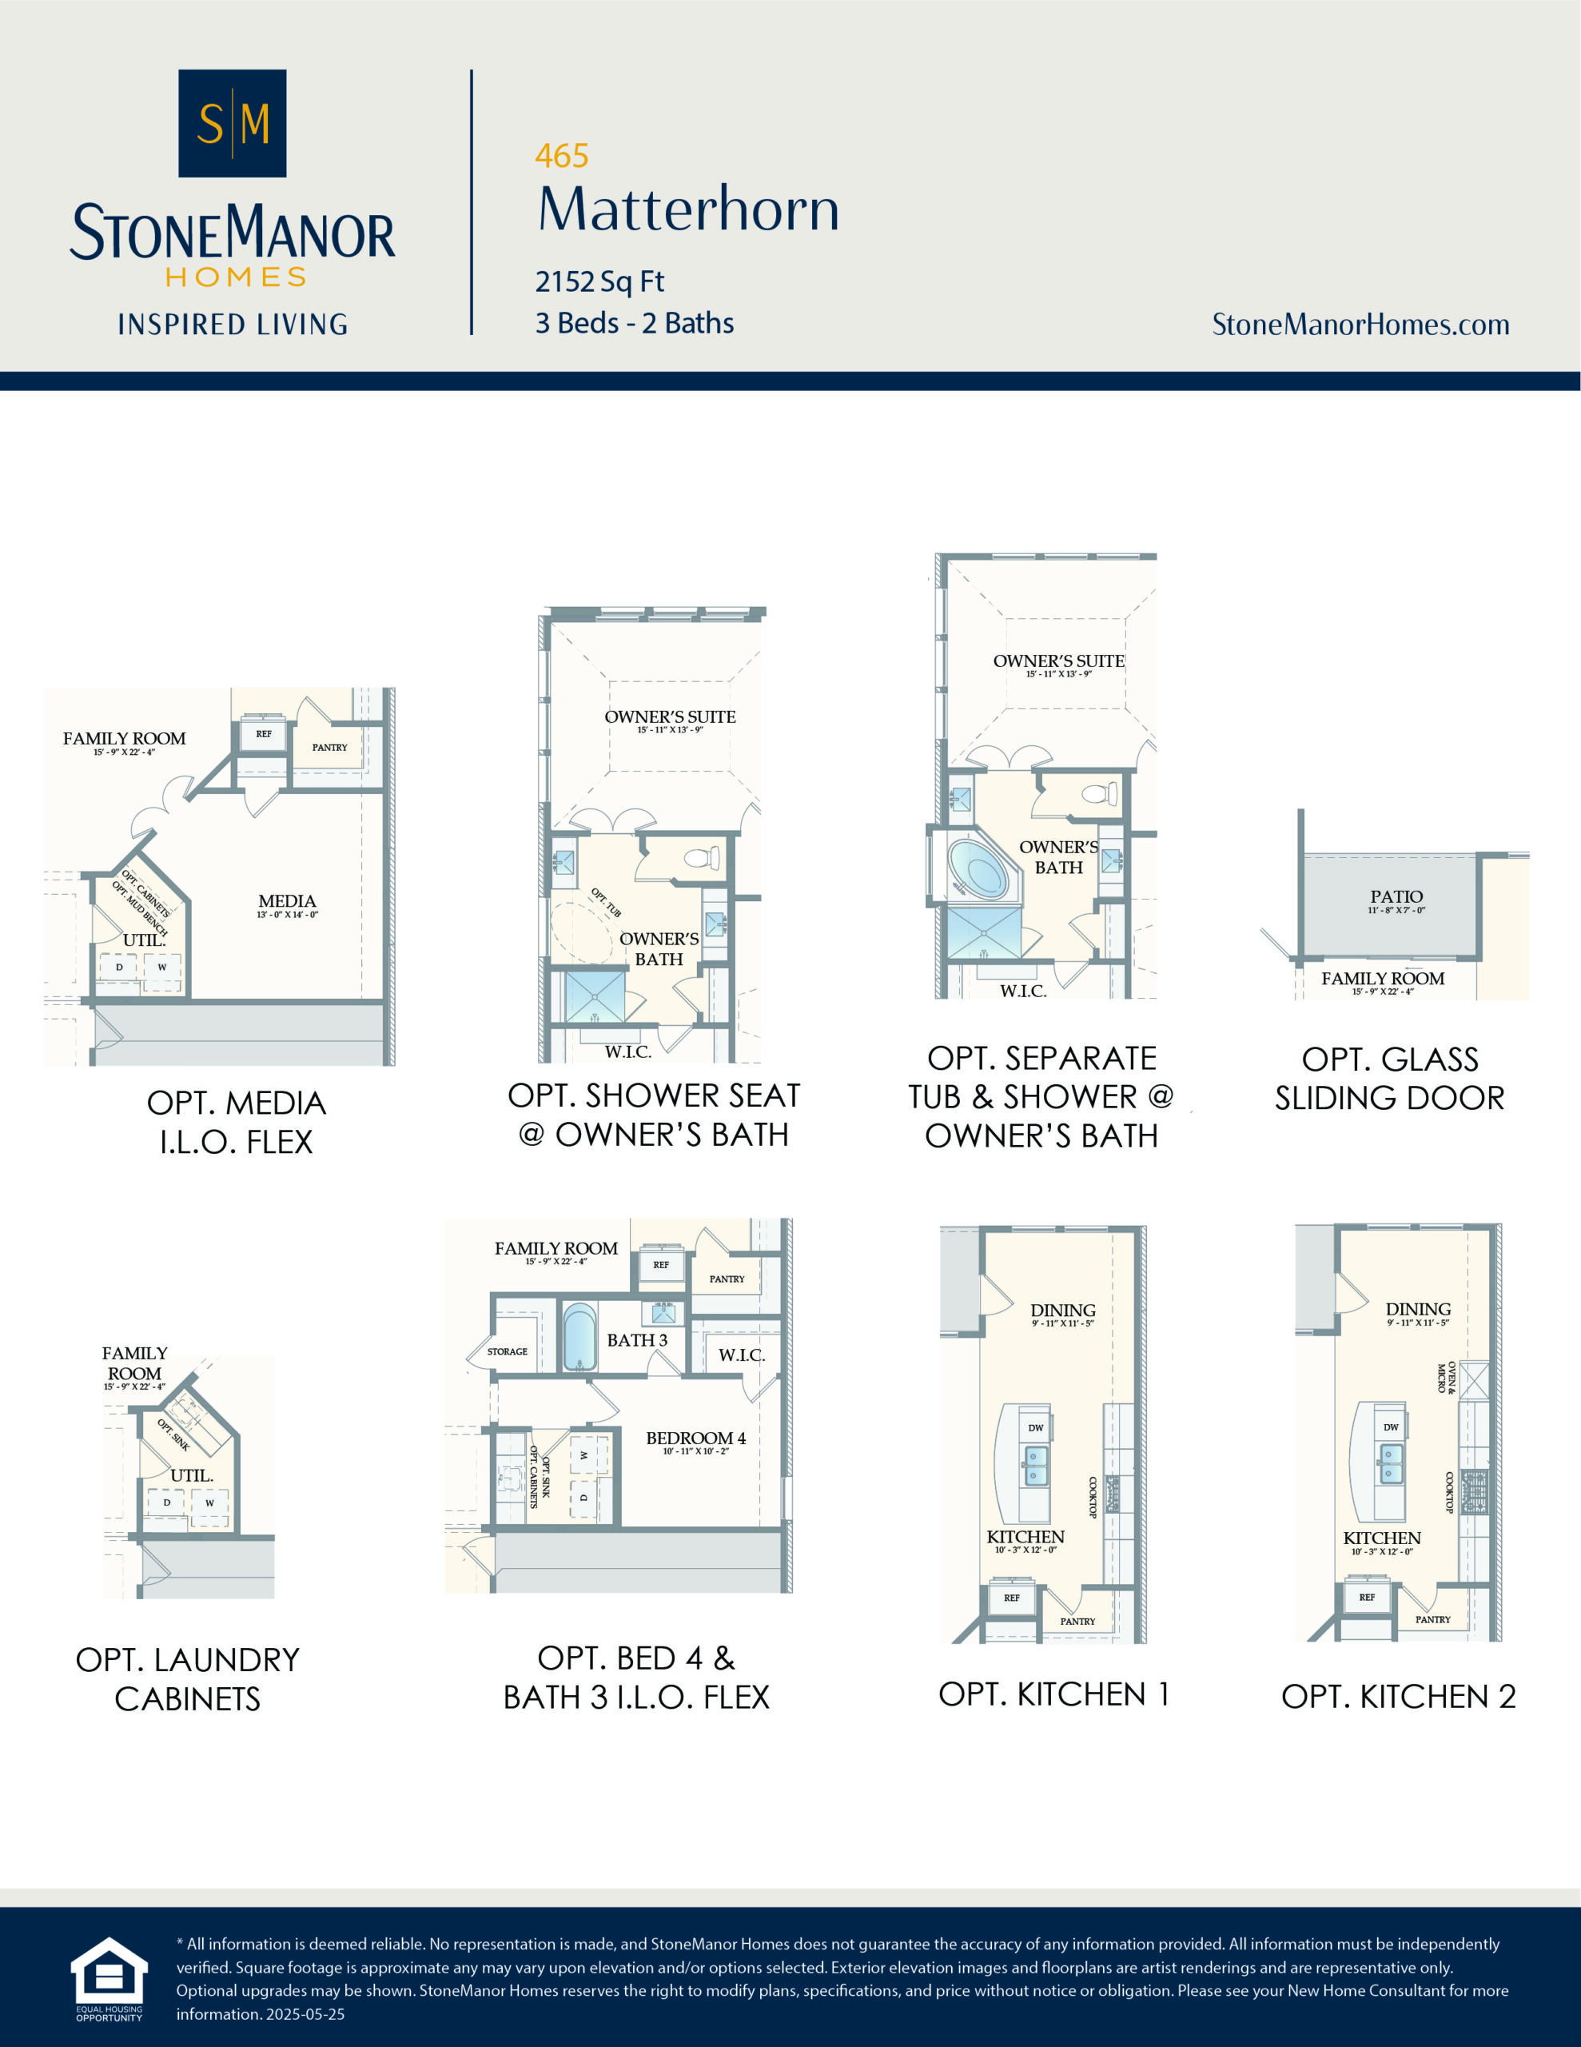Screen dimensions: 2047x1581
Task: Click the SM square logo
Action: tap(233, 123)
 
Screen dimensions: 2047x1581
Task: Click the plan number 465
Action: tap(561, 156)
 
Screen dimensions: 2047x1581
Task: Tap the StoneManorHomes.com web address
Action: tap(1360, 325)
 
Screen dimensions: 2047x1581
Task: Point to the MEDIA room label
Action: tap(287, 900)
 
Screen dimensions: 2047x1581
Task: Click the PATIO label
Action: tap(1396, 897)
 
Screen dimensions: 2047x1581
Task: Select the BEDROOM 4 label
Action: tap(695, 1438)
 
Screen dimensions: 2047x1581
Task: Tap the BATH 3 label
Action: tap(637, 1340)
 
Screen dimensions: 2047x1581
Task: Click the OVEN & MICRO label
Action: tap(1446, 1378)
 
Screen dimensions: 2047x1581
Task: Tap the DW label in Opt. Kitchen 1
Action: tap(1036, 1428)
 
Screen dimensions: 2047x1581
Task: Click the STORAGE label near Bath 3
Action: tap(507, 1351)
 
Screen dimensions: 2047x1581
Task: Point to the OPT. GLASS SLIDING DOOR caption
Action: tap(1389, 1078)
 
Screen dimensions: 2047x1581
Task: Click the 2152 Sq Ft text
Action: tap(599, 281)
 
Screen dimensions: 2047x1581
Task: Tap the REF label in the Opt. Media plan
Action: tap(263, 734)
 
